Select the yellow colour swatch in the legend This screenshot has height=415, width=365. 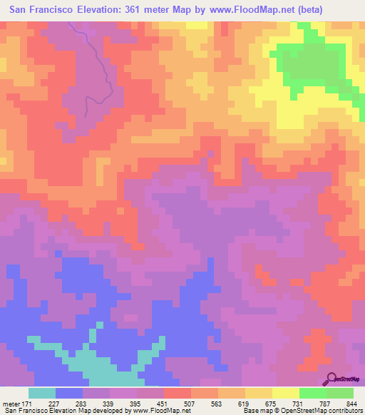(x=285, y=394)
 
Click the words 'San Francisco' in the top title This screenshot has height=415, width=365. (x=40, y=10)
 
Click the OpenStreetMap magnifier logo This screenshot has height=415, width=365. (x=332, y=379)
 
